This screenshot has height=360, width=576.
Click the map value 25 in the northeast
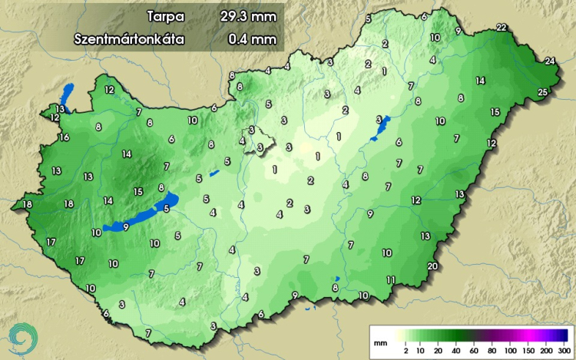[x=543, y=93]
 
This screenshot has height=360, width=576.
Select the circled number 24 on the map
[x=550, y=61]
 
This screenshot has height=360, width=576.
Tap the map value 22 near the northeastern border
[x=502, y=28]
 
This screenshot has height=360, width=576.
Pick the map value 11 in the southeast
[x=391, y=279]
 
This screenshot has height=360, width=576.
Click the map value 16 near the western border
[x=65, y=137]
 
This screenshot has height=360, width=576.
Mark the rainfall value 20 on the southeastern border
[x=432, y=266]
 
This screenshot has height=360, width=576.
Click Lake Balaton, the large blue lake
[x=142, y=215]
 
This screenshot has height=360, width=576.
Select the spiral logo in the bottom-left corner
[x=22, y=336]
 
